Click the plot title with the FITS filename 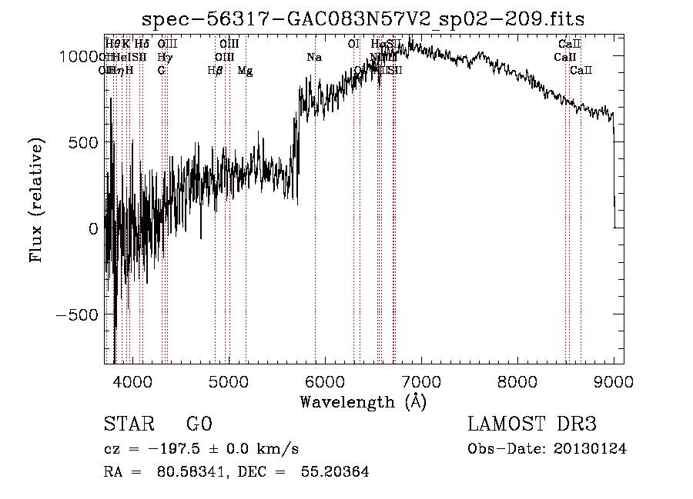pos(363,20)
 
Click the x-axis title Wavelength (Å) pos(363,401)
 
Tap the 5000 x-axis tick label pos(228,381)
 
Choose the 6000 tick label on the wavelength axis pos(324,381)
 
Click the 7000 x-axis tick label pos(420,381)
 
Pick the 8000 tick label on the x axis pos(517,381)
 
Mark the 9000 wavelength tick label pos(613,381)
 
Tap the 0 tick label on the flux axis pos(93,228)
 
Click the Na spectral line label pos(314,58)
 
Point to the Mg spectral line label pos(245,71)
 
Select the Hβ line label pos(215,71)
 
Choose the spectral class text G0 pos(199,424)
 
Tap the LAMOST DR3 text pos(531,424)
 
